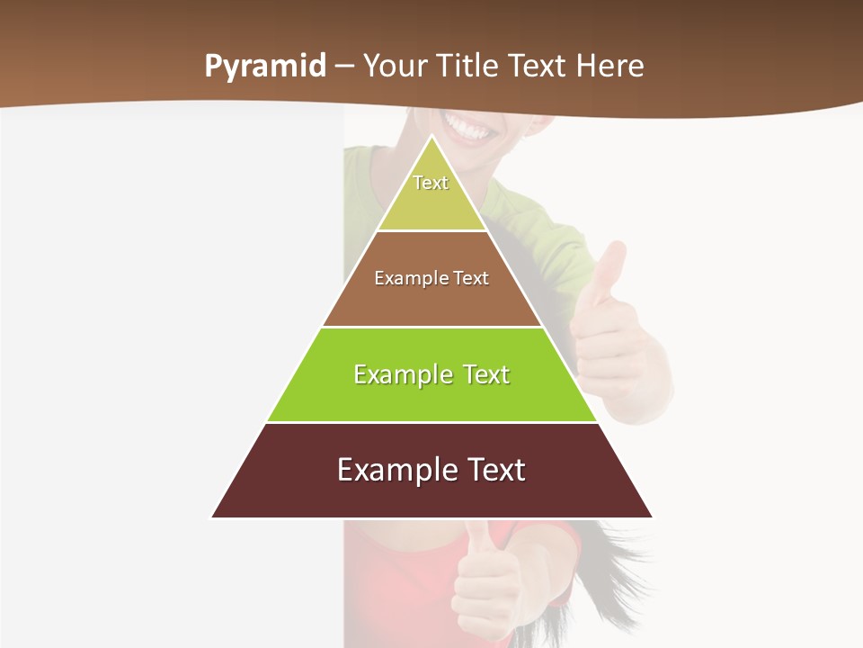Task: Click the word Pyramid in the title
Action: click(265, 67)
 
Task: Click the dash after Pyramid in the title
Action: click(344, 67)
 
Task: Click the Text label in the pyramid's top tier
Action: click(431, 183)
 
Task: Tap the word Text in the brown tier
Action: click(471, 278)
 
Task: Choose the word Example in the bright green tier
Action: click(399, 374)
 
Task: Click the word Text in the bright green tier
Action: click(486, 374)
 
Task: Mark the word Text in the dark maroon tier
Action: click(493, 470)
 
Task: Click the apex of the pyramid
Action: click(432, 136)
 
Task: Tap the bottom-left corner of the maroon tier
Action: click(212, 517)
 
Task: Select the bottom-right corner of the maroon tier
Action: click(652, 517)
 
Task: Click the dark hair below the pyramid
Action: click(611, 558)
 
